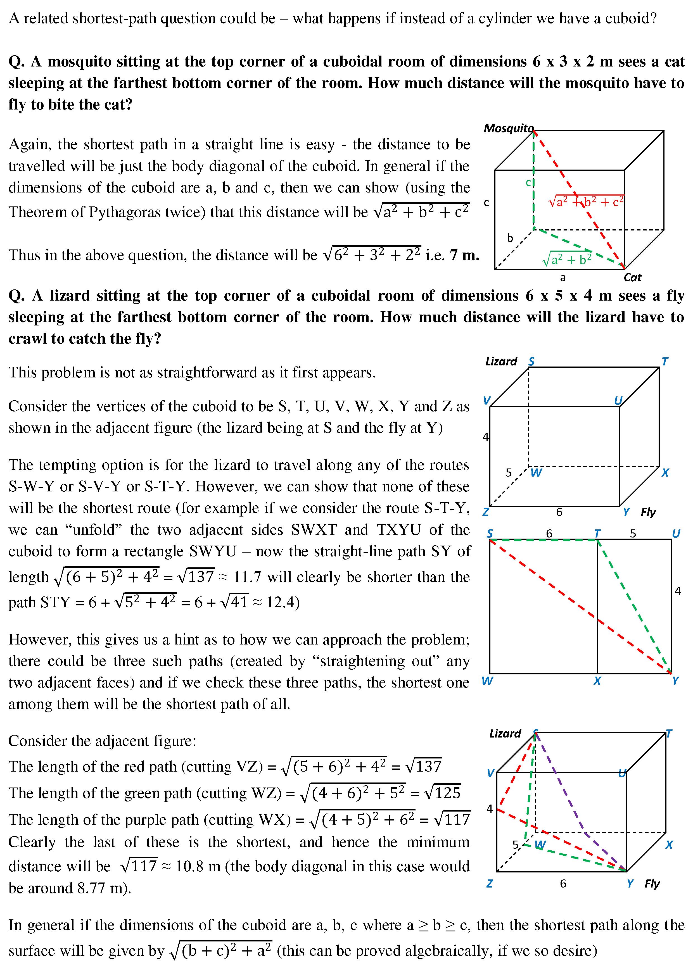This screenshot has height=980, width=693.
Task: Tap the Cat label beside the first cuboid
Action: pos(632,277)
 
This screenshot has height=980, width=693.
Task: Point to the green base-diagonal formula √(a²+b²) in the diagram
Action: pos(567,259)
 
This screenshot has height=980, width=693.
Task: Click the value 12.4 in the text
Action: pos(280,602)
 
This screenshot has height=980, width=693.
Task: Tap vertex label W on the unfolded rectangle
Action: pos(487,681)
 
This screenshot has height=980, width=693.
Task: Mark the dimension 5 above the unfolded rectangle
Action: pos(633,534)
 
